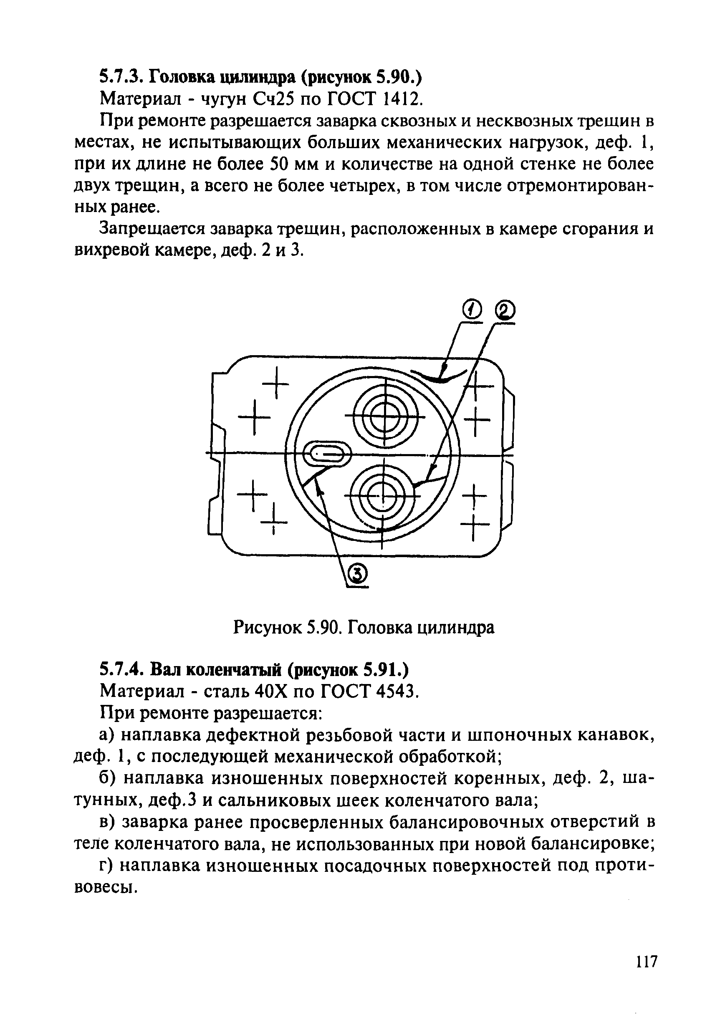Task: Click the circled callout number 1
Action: pyautogui.click(x=473, y=309)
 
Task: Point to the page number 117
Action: pyautogui.click(x=645, y=974)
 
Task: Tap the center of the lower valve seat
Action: pyautogui.click(x=382, y=496)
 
